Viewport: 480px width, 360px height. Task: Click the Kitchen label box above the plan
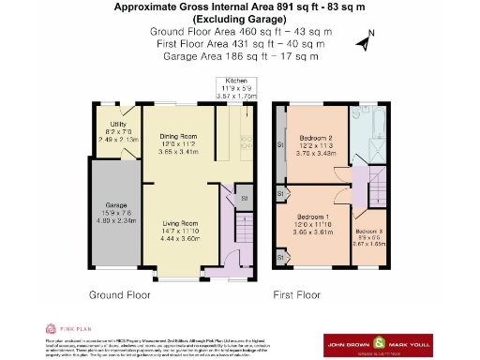(x=234, y=88)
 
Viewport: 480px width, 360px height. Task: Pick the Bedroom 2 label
(x=316, y=142)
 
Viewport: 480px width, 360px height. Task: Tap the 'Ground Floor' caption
(x=120, y=294)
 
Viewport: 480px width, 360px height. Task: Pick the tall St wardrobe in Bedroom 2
(x=279, y=145)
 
